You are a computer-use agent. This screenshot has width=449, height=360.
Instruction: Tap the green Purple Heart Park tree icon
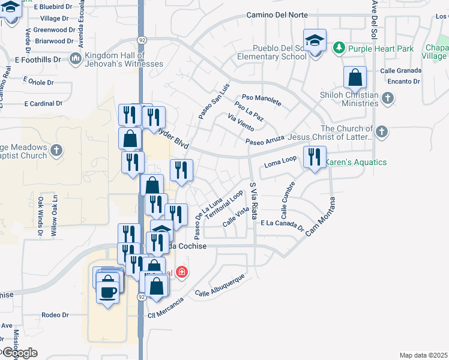click(339, 47)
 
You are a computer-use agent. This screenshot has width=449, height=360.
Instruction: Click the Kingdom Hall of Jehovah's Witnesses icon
click(76, 58)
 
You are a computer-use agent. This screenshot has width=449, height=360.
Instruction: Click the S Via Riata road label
click(254, 202)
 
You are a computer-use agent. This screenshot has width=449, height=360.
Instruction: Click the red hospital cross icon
click(182, 273)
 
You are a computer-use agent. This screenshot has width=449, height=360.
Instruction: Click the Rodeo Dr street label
click(55, 314)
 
